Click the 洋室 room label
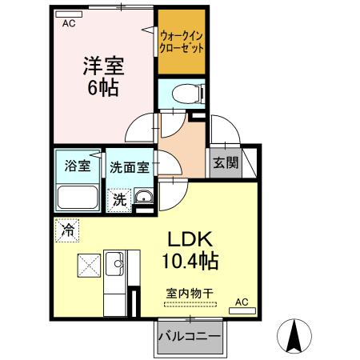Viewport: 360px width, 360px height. click(x=102, y=65)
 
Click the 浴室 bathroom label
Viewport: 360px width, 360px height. click(x=77, y=167)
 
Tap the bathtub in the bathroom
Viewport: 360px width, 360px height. click(x=78, y=197)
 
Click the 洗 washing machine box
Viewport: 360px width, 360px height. click(x=118, y=199)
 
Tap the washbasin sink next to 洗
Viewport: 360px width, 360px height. click(x=142, y=198)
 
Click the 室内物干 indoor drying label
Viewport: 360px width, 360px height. click(x=189, y=293)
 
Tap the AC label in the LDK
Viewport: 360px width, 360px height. click(x=242, y=302)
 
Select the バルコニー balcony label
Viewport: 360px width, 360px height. click(x=189, y=336)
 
